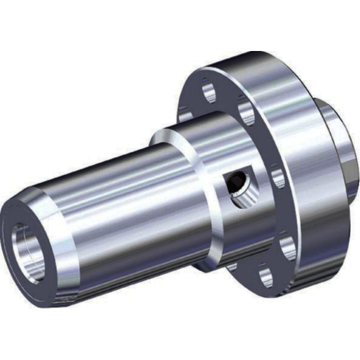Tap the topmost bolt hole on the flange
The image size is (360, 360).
click(x=208, y=92)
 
